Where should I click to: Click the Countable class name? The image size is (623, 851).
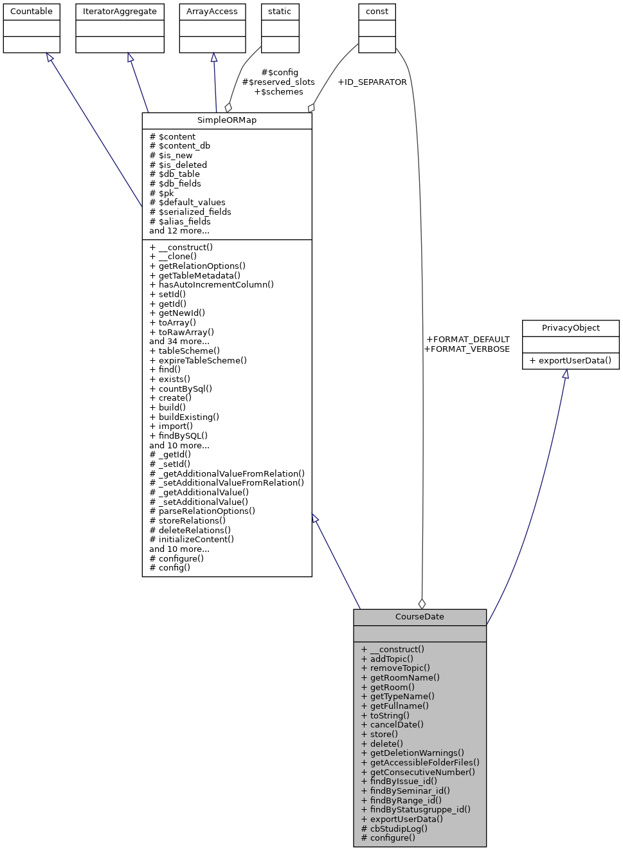(32, 12)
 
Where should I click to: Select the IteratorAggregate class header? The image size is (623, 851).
(120, 12)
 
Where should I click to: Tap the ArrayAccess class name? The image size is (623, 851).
(212, 12)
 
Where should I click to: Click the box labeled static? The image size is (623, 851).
(280, 12)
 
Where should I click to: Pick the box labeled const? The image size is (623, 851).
(377, 12)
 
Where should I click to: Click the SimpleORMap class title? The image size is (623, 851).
(227, 120)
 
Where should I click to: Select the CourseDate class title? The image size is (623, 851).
(419, 617)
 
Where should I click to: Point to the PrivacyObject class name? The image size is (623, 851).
(570, 328)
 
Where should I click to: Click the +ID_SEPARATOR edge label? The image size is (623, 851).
(372, 82)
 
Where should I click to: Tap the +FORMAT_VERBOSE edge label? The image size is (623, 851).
(467, 349)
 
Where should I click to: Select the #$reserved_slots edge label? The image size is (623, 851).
(278, 82)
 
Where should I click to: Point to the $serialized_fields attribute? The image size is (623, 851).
(190, 212)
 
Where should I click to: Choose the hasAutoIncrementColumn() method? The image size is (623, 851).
(212, 284)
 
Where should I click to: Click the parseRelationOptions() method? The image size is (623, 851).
(203, 511)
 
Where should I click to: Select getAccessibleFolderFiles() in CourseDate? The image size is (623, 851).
(420, 762)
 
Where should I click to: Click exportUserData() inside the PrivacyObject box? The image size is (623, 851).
(570, 360)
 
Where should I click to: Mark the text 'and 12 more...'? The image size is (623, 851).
(179, 230)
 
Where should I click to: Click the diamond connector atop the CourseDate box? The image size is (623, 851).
(422, 603)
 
